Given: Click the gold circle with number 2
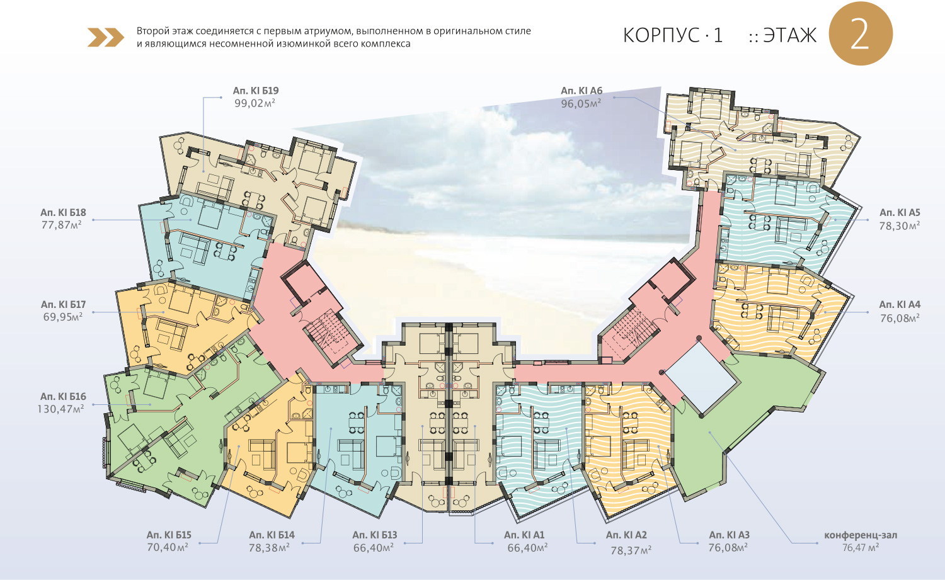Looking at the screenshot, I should (x=861, y=34).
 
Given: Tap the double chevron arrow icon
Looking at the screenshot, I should (x=106, y=38).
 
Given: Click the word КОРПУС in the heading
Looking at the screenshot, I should (x=661, y=35).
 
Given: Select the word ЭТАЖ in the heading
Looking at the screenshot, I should (x=790, y=35).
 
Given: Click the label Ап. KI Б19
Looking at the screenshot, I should (x=255, y=91).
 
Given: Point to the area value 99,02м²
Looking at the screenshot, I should (x=255, y=103).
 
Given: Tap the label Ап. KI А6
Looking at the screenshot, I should (x=581, y=91).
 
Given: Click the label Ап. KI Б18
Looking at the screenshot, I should (x=63, y=213).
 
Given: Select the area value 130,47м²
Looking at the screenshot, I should (x=60, y=409).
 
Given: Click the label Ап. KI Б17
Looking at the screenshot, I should (x=63, y=305).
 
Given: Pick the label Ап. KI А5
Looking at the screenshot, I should (x=900, y=213).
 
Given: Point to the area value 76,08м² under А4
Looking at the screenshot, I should (x=900, y=319).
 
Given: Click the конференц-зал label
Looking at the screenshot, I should (x=861, y=535).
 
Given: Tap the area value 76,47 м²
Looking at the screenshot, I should (x=861, y=548).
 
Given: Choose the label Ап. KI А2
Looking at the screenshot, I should (x=626, y=535).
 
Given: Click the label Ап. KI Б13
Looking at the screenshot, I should (x=375, y=535).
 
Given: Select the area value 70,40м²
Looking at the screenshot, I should (x=168, y=548).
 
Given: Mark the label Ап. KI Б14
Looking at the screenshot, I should (x=272, y=535).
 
